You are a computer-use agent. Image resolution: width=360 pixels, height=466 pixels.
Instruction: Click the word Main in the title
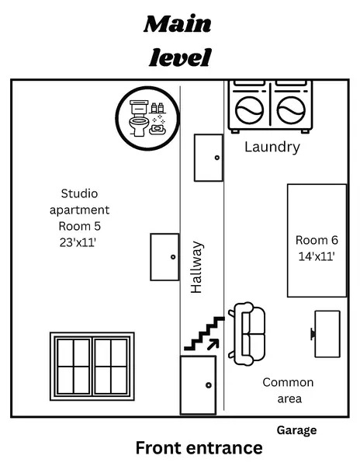pyautogui.click(x=178, y=24)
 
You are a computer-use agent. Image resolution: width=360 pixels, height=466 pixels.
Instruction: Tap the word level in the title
pyautogui.click(x=179, y=57)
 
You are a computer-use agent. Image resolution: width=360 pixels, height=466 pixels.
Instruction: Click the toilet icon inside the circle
pyautogui.click(x=140, y=117)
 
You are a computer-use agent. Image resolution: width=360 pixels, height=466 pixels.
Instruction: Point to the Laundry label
pyautogui.click(x=272, y=147)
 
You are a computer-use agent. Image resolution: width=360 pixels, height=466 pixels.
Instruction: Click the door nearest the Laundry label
pyautogui.click(x=209, y=158)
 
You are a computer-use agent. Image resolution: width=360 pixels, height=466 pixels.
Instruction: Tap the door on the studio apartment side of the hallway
pyautogui.click(x=164, y=257)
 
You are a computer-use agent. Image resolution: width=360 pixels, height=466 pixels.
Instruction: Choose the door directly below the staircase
pyautogui.click(x=198, y=385)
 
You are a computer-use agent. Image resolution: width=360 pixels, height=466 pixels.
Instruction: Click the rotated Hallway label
pyautogui.click(x=197, y=267)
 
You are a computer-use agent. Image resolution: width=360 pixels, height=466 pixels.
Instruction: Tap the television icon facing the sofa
pyautogui.click(x=326, y=334)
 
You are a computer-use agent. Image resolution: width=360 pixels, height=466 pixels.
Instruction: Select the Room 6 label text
pyautogui.click(x=316, y=240)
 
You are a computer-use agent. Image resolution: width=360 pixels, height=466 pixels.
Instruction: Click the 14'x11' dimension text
pyautogui.click(x=316, y=256)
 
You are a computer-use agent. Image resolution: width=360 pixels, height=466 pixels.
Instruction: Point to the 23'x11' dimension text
pyautogui.click(x=80, y=242)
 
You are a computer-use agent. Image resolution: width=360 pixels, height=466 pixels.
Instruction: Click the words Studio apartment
pyautogui.click(x=80, y=201)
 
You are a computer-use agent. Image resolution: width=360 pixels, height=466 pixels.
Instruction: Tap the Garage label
pyautogui.click(x=296, y=429)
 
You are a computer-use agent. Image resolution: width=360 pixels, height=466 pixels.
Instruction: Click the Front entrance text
pyautogui.click(x=199, y=448)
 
